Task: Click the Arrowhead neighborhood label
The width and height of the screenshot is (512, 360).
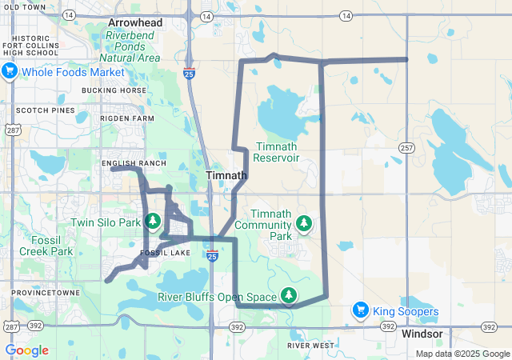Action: pos(136,24)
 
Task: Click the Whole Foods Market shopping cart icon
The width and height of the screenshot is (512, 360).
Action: pos(10,72)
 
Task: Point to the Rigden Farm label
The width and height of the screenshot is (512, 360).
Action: pos(126,118)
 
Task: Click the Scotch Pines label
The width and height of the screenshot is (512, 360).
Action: pos(40,110)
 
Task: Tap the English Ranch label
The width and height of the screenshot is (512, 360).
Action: pos(134,163)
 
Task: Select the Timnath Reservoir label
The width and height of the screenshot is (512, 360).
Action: pos(276,152)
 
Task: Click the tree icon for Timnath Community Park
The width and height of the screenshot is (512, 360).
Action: pos(304,222)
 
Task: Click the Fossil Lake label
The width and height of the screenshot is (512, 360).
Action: pos(166,254)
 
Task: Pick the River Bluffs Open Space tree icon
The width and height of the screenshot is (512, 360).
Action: pos(288,297)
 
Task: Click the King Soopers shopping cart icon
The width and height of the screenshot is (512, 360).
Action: pos(362,310)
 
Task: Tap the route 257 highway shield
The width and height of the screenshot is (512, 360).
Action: pos(406,148)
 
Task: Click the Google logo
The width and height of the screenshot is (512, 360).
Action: pos(26,350)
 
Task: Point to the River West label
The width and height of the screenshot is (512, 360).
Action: pos(310,346)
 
